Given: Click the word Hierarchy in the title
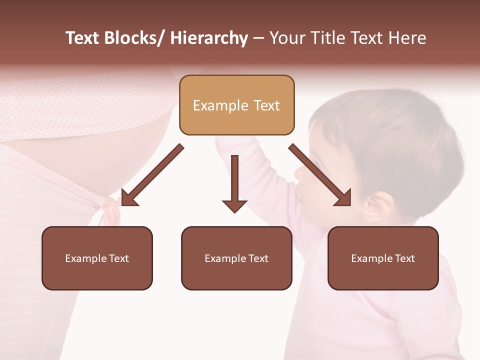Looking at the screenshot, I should (209, 38).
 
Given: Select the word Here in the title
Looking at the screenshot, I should (408, 38).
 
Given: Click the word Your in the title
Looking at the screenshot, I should (286, 38).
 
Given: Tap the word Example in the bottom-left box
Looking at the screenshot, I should (85, 258).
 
